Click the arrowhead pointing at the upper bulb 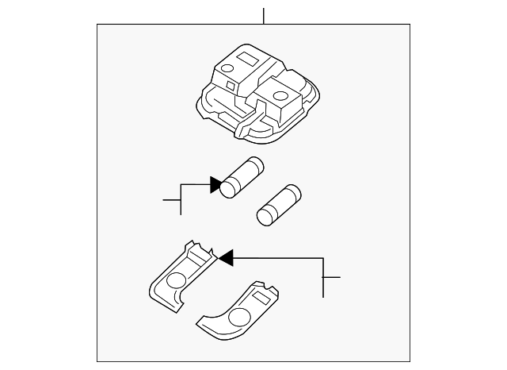click(215, 185)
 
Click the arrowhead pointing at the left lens click(225, 256)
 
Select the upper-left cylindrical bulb click(242, 179)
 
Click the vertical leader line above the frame click(264, 15)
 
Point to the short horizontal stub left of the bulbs click(171, 199)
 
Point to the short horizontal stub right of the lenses click(331, 277)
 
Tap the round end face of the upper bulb click(229, 188)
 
